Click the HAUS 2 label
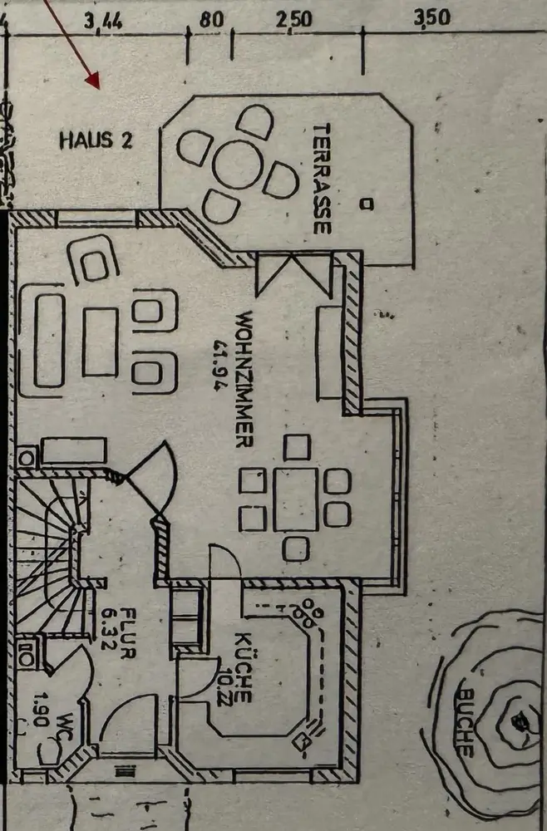(x=96, y=140)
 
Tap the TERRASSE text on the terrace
(x=323, y=179)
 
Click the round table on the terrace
(x=237, y=165)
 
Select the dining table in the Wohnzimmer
(x=295, y=499)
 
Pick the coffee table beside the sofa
(x=100, y=341)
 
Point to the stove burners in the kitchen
(x=313, y=613)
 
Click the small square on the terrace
(x=366, y=203)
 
